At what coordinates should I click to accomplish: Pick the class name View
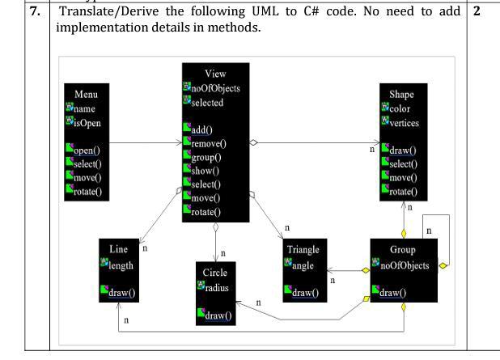[216, 74]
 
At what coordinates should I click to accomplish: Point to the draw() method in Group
[390, 292]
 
